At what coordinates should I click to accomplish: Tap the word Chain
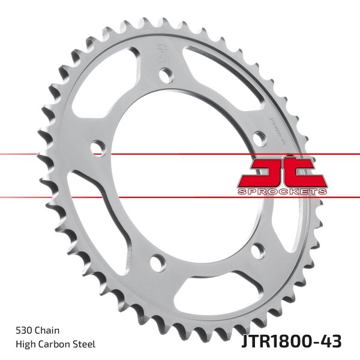[47, 331]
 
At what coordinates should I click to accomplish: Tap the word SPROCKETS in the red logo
[281, 191]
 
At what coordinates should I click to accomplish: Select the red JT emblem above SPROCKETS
[281, 172]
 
